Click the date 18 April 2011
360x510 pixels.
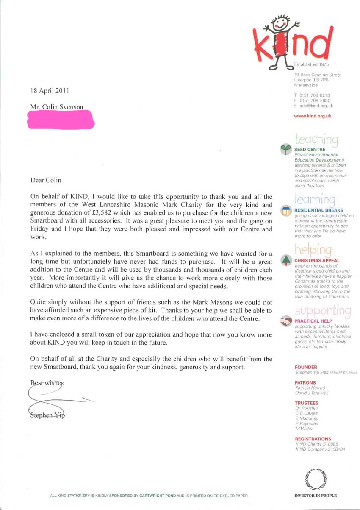tap(50, 90)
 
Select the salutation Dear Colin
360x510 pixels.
tap(46, 180)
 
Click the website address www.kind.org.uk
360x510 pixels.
tap(312, 116)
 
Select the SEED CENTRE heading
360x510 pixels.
tap(310, 150)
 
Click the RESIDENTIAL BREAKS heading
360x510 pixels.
tap(319, 210)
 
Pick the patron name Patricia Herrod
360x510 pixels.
tap(309, 387)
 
